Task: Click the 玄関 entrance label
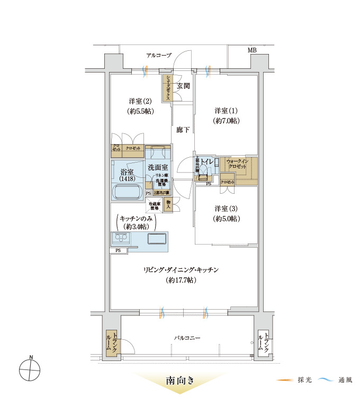coord(183,86)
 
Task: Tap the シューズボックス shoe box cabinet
coord(167,88)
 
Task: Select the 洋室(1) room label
coord(226,111)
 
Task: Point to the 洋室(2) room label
coord(140,101)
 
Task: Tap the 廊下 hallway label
coord(183,130)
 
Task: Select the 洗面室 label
coord(158,167)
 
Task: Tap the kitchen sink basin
coord(157,239)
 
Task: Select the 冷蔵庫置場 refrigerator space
coord(154,205)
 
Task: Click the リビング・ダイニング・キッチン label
coord(181,270)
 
